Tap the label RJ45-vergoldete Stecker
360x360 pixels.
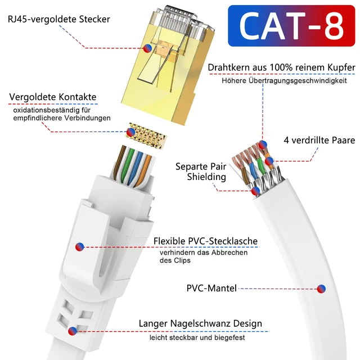59,19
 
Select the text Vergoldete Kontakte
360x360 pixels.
53,97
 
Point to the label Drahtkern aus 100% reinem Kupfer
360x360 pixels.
281,67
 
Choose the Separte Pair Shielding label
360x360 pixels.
201,172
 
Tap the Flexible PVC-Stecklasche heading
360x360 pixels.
205,241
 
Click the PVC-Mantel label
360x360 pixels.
211,288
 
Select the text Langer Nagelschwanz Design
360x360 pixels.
200,323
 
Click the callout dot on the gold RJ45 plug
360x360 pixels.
147,48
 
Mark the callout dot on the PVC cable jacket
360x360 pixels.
321,289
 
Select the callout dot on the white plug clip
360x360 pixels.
79,246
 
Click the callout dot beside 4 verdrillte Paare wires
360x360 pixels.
269,161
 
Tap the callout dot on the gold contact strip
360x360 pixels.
130,132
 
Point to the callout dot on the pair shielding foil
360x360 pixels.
256,191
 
